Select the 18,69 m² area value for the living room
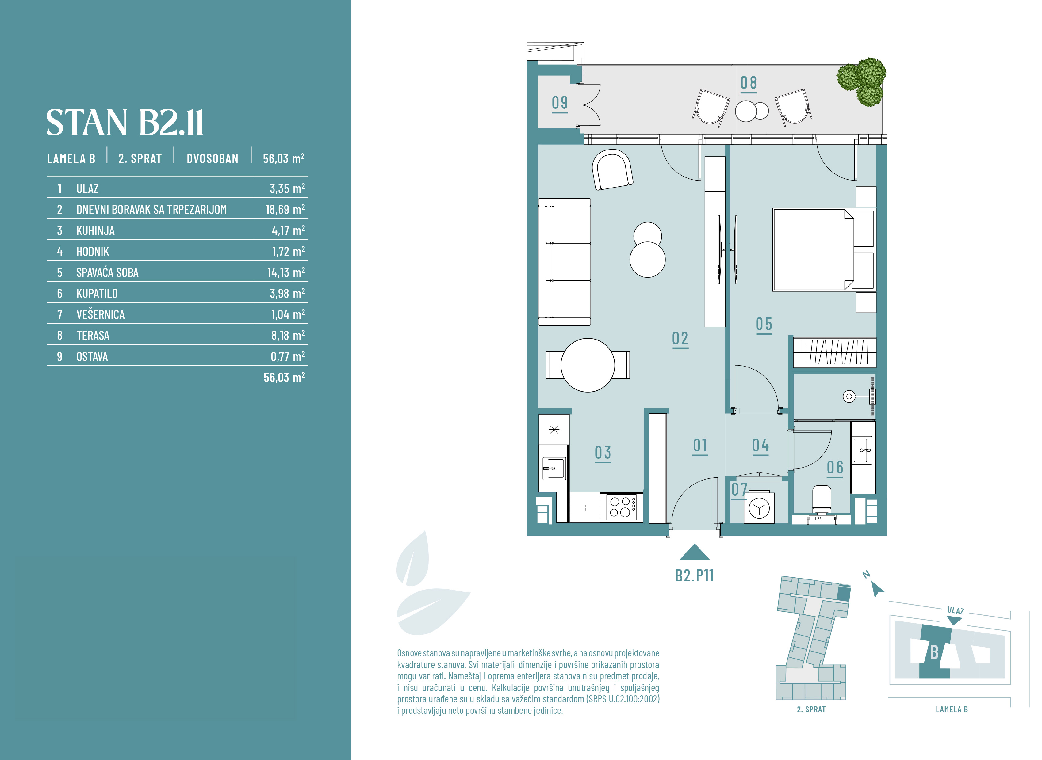[x=285, y=209]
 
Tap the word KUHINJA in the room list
[x=95, y=230]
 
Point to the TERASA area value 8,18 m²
[x=288, y=335]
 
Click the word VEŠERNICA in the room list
[x=100, y=314]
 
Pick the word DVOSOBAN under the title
[x=213, y=159]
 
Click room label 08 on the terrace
[x=748, y=83]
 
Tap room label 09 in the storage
[x=560, y=103]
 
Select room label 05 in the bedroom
[x=764, y=324]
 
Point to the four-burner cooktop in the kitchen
[x=621, y=507]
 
